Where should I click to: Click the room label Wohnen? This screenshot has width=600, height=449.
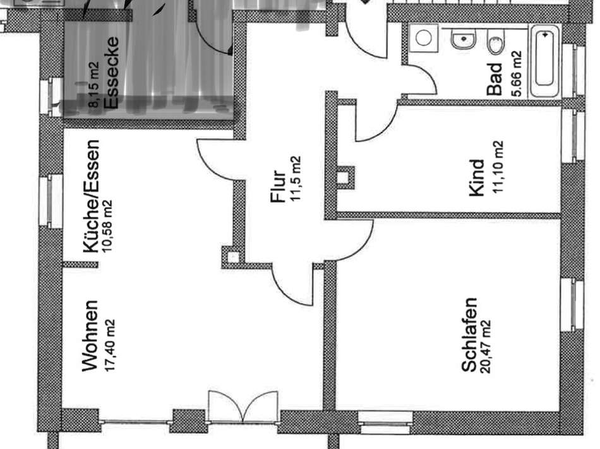pos(90,335)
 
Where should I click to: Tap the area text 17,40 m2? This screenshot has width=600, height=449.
pos(110,345)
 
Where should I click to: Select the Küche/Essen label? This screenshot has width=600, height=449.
pos(92,196)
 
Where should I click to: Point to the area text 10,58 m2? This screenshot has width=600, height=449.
pos(107,226)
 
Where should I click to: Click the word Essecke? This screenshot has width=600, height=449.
pos(111,73)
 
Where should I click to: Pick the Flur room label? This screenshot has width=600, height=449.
pos(278,185)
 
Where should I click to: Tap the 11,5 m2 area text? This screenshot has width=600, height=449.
pos(296,178)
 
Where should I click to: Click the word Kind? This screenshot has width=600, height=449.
pos(477,178)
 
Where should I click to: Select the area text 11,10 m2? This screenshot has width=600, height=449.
pos(498,167)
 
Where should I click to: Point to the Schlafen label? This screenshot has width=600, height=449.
pos(469,334)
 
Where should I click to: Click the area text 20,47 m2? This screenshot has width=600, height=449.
pos(486,346)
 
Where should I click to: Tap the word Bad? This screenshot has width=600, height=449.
pos(495,79)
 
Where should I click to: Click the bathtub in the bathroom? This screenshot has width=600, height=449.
pos(544,61)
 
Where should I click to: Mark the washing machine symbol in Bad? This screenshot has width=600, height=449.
pos(424,38)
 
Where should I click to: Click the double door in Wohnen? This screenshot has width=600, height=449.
pos(243,406)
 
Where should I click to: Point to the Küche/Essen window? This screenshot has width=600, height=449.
pos(51,201)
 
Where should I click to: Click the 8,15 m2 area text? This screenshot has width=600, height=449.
pos(93,86)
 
